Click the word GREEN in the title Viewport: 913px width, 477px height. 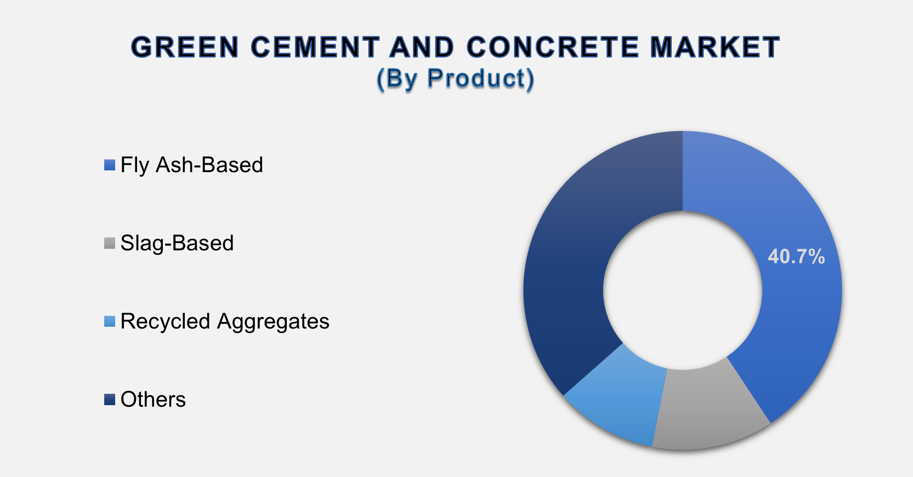click(x=185, y=47)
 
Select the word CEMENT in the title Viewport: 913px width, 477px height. click(x=315, y=47)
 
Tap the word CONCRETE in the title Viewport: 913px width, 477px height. click(x=553, y=47)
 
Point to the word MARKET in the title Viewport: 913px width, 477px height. click(x=715, y=47)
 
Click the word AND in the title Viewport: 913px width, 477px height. click(x=423, y=47)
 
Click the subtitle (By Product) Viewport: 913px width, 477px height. click(x=455, y=79)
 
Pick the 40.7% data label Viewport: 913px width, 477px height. click(x=796, y=256)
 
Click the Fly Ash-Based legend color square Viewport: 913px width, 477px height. click(x=109, y=165)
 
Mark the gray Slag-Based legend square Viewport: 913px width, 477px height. click(x=109, y=243)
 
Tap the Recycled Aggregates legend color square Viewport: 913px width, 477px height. click(x=109, y=322)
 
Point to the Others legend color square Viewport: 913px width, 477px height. click(x=109, y=399)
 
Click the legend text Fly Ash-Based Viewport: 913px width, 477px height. click(x=191, y=166)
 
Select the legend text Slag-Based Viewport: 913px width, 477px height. click(x=177, y=244)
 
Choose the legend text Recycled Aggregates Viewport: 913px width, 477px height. click(x=225, y=322)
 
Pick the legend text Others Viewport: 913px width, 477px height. click(x=153, y=399)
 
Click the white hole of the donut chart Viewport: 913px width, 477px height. click(x=683, y=290)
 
